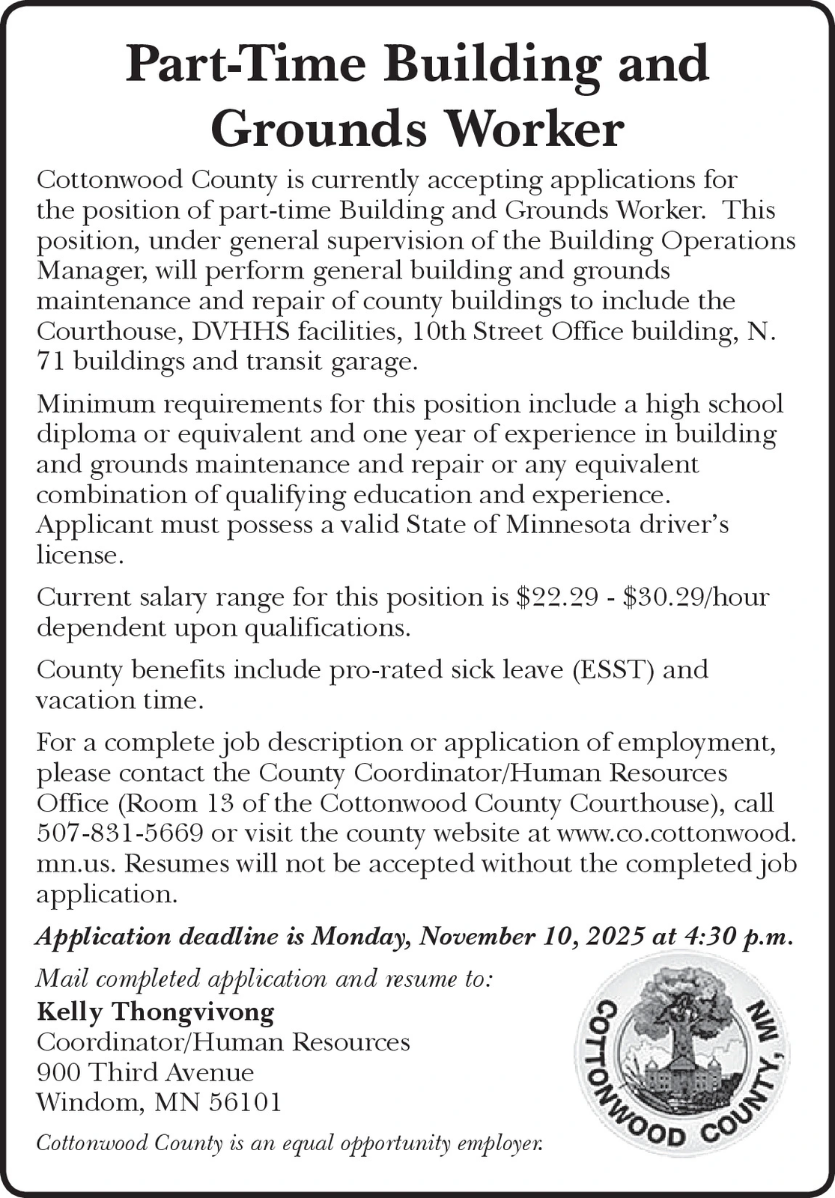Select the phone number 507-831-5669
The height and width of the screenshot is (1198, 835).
coord(120,833)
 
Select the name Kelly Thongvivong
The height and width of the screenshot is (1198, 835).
coord(156,1012)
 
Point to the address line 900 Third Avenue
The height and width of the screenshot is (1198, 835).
coord(145,1072)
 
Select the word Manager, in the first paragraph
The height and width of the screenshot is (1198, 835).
coord(92,270)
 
